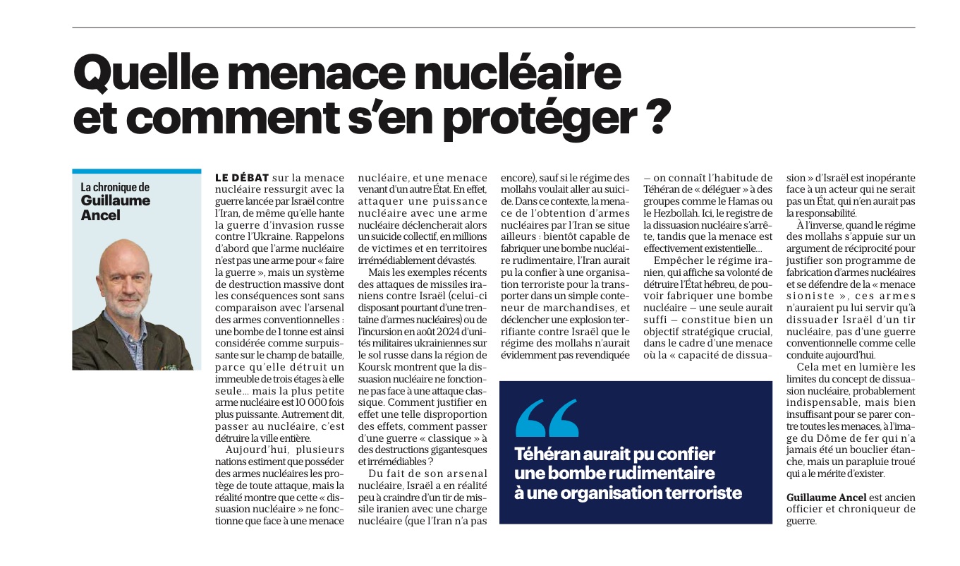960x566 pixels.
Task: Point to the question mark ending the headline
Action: pos(655,117)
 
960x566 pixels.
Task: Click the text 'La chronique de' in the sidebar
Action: pos(115,187)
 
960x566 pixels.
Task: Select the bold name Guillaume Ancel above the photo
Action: pos(116,207)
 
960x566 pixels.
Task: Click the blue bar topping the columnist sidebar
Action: pos(136,171)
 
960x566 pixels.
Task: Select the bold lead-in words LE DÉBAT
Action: pos(242,178)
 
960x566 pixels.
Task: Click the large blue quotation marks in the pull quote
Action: pos(547,418)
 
